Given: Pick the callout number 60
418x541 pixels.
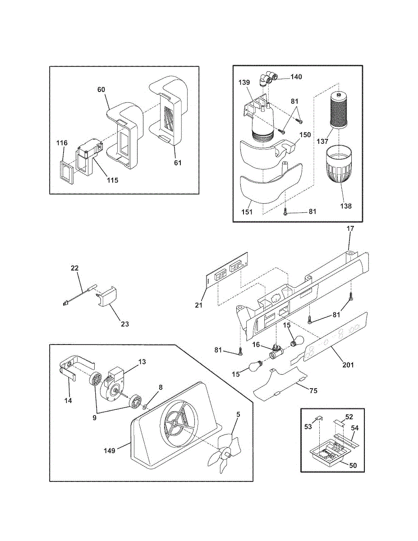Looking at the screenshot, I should click(x=101, y=90).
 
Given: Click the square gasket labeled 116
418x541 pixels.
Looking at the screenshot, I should click(x=67, y=172).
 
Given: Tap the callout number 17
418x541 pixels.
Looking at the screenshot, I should click(x=350, y=229).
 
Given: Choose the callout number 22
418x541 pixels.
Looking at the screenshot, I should click(x=74, y=268).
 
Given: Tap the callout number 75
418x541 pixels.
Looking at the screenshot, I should click(x=313, y=390).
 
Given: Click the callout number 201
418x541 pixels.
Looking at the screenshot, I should click(x=348, y=365).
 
